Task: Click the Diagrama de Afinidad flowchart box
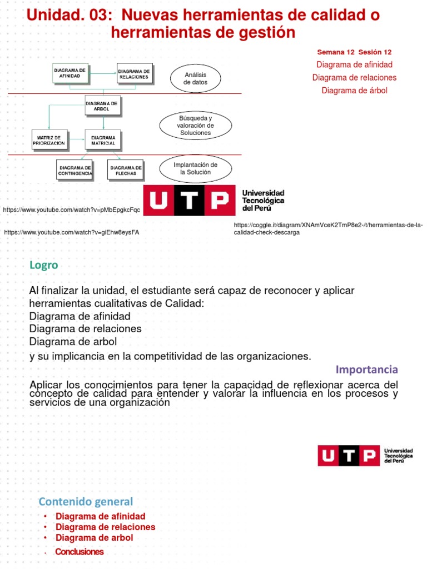[x=69, y=73]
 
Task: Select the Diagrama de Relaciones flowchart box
[x=134, y=73]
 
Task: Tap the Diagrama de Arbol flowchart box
[x=101, y=106]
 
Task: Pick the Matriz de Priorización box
[x=49, y=139]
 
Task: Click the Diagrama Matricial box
[x=103, y=139]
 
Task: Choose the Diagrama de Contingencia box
[x=75, y=170]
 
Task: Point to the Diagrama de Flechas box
[x=126, y=170]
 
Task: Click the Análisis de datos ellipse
[x=195, y=78]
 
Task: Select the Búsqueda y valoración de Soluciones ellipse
[x=195, y=126]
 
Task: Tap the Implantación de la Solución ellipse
[x=195, y=168]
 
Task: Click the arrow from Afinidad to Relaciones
[x=102, y=72]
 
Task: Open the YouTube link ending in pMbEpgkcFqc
[x=71, y=209]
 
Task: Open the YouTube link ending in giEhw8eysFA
[x=71, y=232]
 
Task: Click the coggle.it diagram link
[x=328, y=228]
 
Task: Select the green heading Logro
[x=44, y=265]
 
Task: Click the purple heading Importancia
[x=367, y=370]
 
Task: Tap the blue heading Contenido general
[x=86, y=502]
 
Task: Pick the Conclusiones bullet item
[x=80, y=552]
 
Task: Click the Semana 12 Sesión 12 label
[x=354, y=52]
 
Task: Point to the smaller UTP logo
[x=365, y=455]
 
